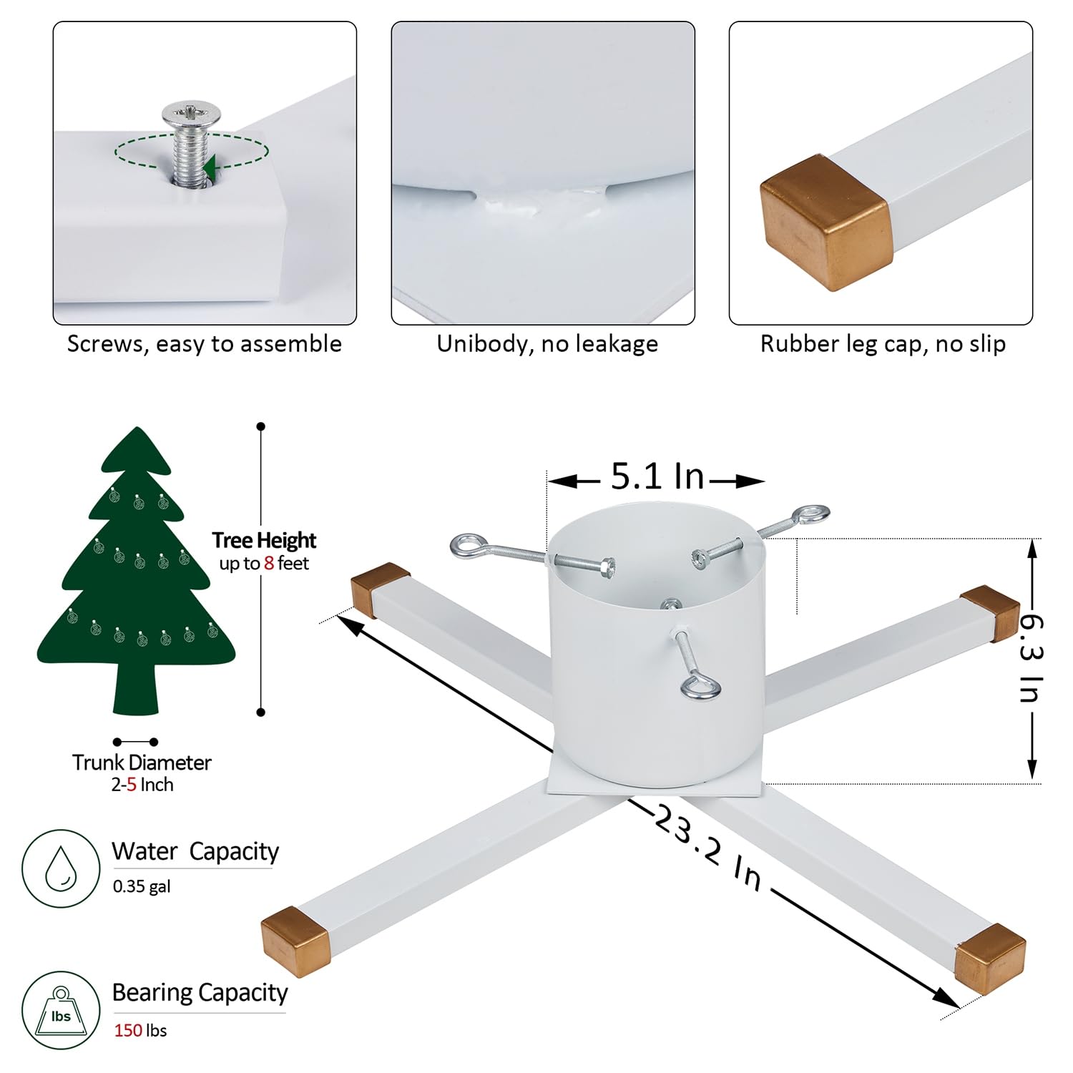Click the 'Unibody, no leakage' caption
(547, 344)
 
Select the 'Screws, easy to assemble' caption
(205, 344)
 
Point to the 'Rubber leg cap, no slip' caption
(883, 344)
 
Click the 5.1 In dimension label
(657, 477)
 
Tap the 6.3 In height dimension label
(1030, 658)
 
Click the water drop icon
(61, 868)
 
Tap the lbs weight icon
(61, 1011)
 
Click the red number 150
(128, 1031)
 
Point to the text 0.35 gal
(142, 887)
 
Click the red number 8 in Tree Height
(269, 564)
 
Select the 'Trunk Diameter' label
(142, 763)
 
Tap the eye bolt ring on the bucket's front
(700, 688)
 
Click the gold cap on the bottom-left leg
(295, 941)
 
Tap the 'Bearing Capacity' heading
(200, 993)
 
